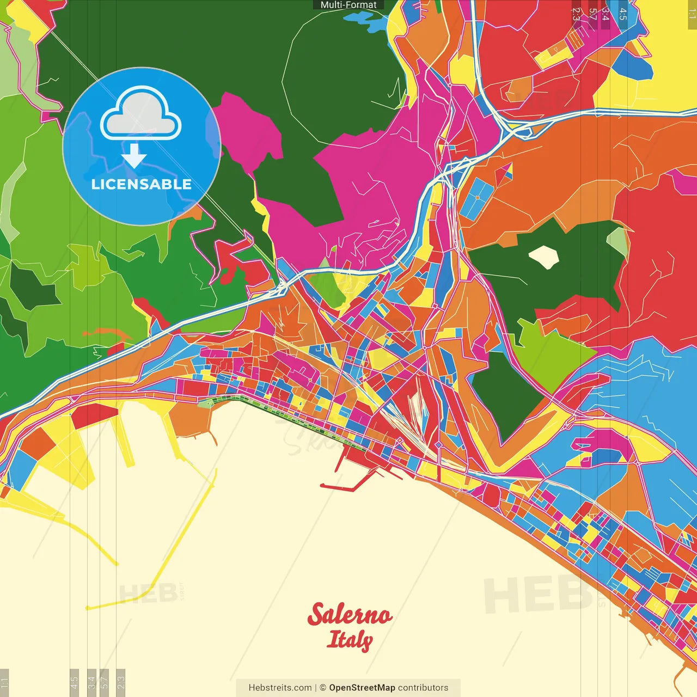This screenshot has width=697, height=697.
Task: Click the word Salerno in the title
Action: (x=350, y=614)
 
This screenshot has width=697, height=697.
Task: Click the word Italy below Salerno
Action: (x=350, y=640)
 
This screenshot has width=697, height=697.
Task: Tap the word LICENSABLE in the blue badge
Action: (x=141, y=184)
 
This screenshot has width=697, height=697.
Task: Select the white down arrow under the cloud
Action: (x=134, y=156)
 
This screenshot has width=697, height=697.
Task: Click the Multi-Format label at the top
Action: (x=348, y=5)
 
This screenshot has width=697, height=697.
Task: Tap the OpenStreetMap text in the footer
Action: (x=362, y=688)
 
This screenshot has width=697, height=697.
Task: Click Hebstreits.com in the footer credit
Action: (x=280, y=688)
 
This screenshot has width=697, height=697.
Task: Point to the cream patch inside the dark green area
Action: (x=543, y=256)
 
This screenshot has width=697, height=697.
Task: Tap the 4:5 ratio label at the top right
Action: (x=622, y=14)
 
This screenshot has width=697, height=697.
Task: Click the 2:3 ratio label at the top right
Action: (x=576, y=14)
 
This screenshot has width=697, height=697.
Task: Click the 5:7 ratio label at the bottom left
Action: (x=105, y=682)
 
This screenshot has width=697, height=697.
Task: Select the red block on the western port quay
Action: (x=94, y=415)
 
